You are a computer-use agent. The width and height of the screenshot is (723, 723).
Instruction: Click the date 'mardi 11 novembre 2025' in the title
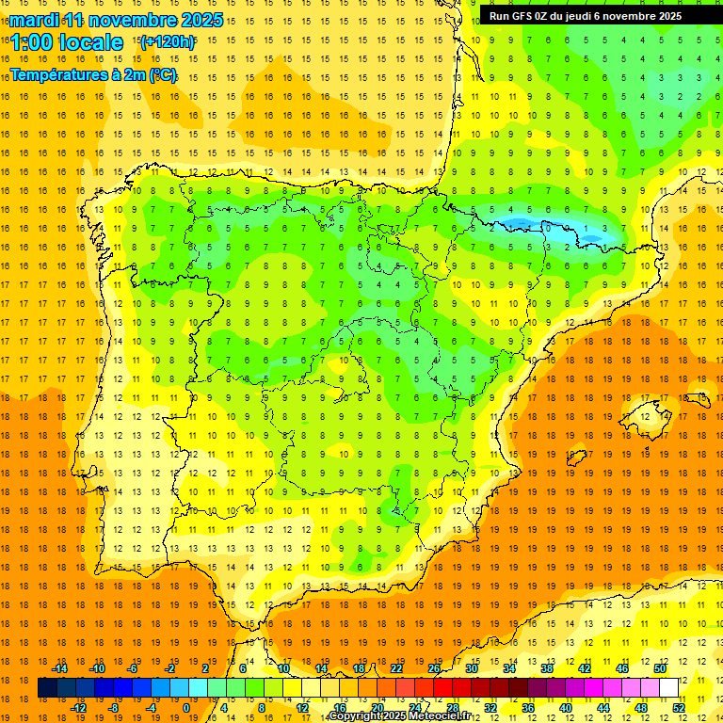pyautogui.click(x=117, y=20)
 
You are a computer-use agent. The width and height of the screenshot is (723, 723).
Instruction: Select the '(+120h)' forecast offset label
pyautogui.click(x=167, y=41)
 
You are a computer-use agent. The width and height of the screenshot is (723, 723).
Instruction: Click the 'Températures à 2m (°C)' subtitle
pyautogui.click(x=93, y=74)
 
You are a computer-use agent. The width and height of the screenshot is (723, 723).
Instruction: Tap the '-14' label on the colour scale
pyautogui.click(x=59, y=668)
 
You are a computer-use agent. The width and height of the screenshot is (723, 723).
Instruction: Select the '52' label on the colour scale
pyautogui.click(x=680, y=708)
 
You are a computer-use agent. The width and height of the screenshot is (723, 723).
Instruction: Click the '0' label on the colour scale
pyautogui.click(x=185, y=708)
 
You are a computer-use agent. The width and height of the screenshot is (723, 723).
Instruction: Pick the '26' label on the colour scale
pyautogui.click(x=434, y=668)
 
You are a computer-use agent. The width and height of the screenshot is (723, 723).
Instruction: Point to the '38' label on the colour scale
pyautogui.click(x=547, y=668)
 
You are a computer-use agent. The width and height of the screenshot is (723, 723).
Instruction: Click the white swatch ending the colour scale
pyautogui.click(x=669, y=688)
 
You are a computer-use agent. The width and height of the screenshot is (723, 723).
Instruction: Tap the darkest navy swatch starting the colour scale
pyautogui.click(x=47, y=688)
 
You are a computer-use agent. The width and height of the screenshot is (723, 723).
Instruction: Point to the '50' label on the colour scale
pyautogui.click(x=660, y=668)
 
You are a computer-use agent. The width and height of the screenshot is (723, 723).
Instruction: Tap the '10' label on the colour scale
pyautogui.click(x=282, y=668)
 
